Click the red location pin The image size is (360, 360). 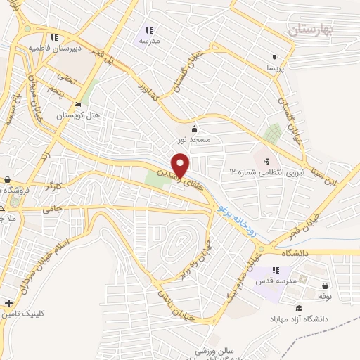[181, 165]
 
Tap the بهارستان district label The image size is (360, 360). [314, 29]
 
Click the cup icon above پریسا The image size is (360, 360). [274, 58]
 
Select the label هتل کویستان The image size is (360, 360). [75, 114]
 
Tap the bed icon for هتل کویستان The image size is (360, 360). [79, 102]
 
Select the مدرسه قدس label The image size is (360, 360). [269, 282]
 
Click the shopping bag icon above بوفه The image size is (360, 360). [326, 285]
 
